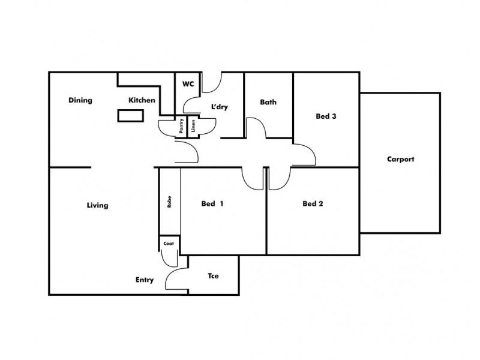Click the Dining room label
(80, 101)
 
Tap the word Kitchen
(142, 100)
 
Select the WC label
(188, 84)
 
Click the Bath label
(268, 102)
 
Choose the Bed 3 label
(326, 116)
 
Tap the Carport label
(401, 160)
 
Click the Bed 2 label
(313, 204)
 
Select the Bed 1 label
(212, 204)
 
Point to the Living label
(97, 206)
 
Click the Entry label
(144, 280)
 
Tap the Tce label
(213, 277)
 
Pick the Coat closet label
(169, 244)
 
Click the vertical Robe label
(170, 200)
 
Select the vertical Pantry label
(181, 127)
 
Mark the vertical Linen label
(193, 127)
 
